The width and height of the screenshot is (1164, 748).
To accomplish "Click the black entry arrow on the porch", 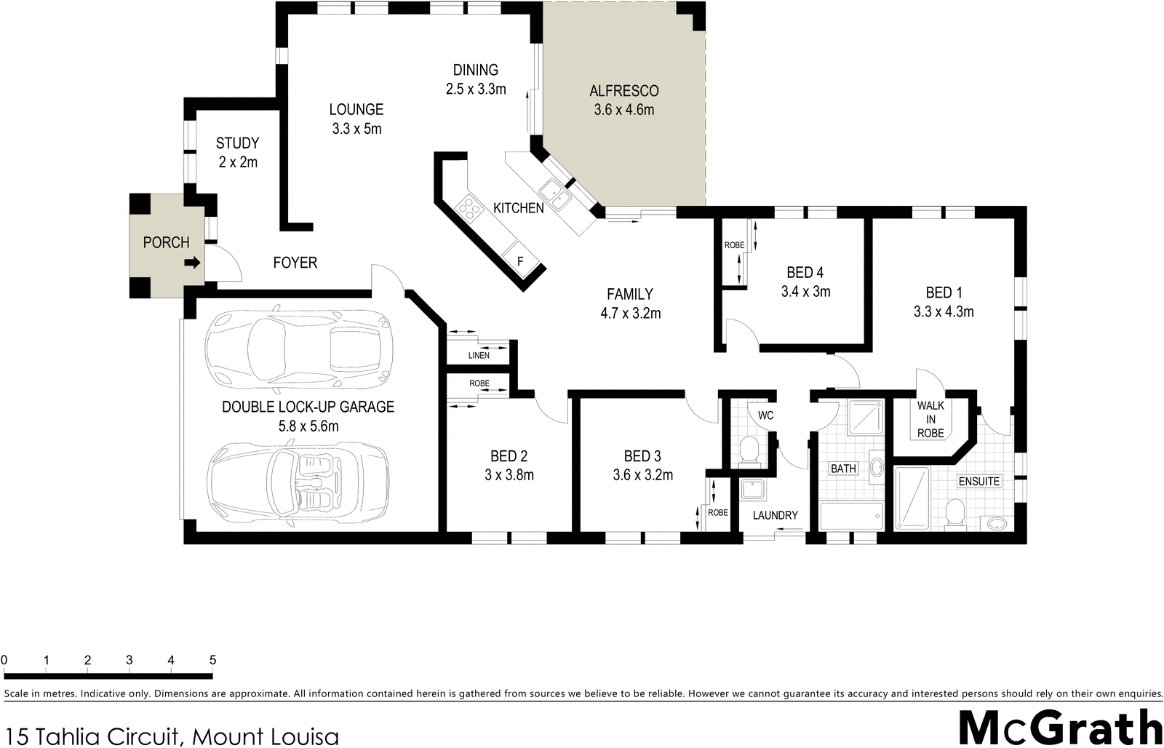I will click(192, 263).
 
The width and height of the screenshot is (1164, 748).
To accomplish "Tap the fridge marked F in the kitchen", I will click(519, 260).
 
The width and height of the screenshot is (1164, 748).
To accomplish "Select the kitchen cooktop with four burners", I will click(469, 210).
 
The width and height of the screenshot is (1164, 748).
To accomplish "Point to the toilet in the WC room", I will click(747, 451).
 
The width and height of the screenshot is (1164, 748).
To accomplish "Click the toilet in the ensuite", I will click(955, 512).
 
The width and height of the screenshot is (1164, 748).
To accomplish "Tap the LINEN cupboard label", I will click(479, 355).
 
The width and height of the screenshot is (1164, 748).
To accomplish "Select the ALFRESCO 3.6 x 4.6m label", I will click(623, 100).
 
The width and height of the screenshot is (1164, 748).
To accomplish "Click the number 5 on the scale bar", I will click(212, 661).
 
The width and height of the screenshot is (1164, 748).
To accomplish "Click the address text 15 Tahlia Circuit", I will click(172, 736).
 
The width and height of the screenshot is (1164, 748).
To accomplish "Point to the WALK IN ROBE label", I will click(930, 419).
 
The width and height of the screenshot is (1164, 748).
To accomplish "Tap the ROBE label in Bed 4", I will click(734, 245).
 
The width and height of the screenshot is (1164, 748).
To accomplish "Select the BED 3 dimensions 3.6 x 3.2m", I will click(642, 475).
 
